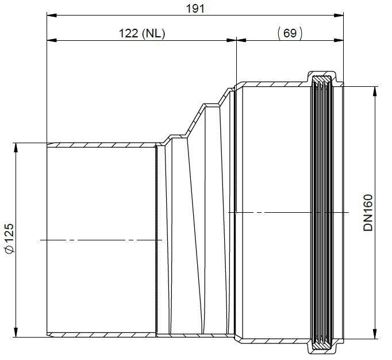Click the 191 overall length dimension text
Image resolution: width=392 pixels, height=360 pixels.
pos(195,9)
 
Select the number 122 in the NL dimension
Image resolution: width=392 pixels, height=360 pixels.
pos(129,33)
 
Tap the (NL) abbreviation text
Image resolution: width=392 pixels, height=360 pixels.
pos(153,33)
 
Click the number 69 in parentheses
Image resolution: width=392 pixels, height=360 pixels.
pos(290,33)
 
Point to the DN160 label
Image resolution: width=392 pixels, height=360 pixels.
pos(368,212)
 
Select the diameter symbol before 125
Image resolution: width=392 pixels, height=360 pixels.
pos(10,250)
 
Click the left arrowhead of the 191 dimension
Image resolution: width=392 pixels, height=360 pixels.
pos(52,16)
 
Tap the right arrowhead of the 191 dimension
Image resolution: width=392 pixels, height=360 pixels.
pos(339,16)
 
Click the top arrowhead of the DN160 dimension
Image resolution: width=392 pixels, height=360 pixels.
pos(375,91)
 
